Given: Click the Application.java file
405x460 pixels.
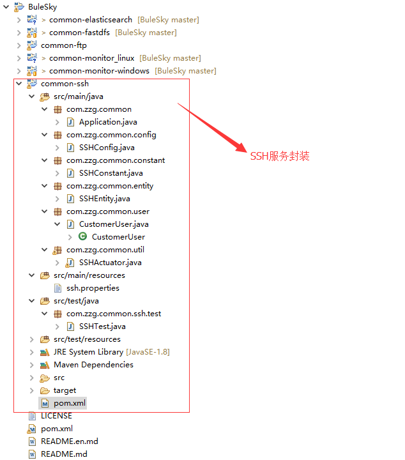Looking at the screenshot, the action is (x=107, y=122).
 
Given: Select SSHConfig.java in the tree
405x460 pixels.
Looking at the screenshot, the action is (x=106, y=148).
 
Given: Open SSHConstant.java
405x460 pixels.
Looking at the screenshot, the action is (x=111, y=173).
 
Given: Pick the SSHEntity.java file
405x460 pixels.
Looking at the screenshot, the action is (x=104, y=199).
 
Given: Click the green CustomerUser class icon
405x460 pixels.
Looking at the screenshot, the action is (x=82, y=236).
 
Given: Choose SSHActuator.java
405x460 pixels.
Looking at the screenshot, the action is (x=110, y=263).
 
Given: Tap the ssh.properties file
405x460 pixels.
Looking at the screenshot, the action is (x=93, y=288).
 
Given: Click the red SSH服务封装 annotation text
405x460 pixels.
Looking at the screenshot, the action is (x=280, y=156).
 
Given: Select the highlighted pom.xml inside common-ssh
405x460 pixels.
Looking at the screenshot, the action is (x=69, y=403).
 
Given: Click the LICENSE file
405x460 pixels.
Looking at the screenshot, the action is (x=56, y=416).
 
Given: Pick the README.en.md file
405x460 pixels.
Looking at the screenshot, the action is (x=69, y=441).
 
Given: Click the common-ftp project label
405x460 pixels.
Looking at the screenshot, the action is (x=64, y=45).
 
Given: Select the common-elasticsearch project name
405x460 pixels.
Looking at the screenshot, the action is (x=91, y=20).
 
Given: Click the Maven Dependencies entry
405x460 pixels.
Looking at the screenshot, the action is (x=93, y=365).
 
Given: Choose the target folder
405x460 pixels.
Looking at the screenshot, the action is (x=65, y=390).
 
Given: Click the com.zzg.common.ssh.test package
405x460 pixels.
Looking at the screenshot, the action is (x=113, y=314).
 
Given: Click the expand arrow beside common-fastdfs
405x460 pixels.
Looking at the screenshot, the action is (x=19, y=33).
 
